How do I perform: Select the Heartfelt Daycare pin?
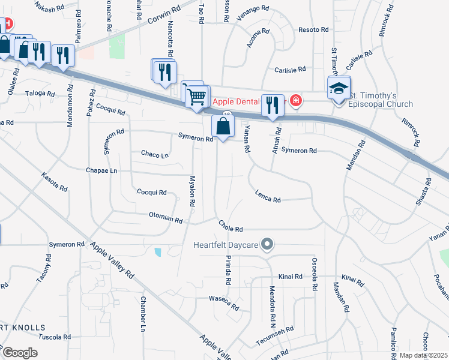pos(268,245)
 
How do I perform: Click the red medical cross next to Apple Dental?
pos(295,100)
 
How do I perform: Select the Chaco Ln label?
pos(155,154)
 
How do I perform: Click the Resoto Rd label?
pos(313,29)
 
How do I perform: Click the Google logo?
pos(19,353)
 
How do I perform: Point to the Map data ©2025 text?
pos(424,355)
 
